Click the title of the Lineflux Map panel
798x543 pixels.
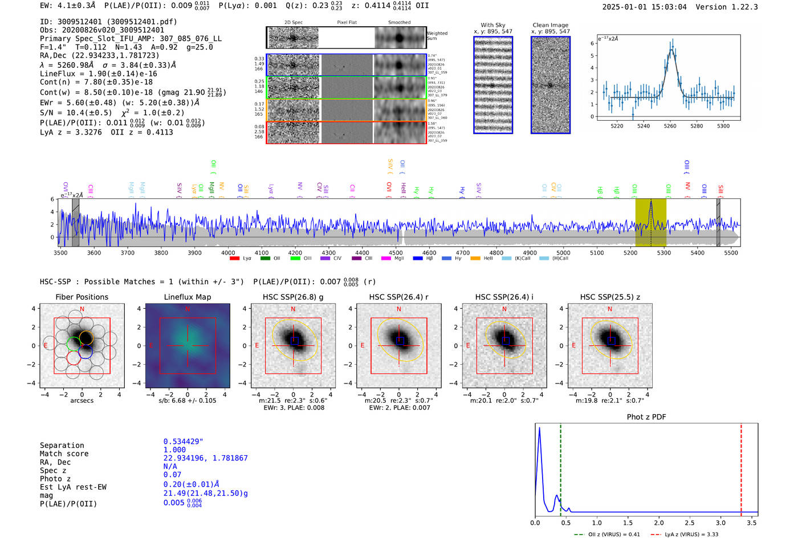[187, 297]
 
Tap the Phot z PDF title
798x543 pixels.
[646, 417]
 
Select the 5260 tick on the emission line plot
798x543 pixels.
[670, 126]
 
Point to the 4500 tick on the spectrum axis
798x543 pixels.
[396, 252]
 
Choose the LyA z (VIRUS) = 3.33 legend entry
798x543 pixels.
[691, 534]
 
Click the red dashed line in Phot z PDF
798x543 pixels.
[741, 467]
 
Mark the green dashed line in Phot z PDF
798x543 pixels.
[560, 467]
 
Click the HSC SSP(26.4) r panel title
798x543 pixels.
[398, 297]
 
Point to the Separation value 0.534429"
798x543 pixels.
[183, 442]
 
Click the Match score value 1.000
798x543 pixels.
[174, 450]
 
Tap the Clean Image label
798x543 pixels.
[550, 25]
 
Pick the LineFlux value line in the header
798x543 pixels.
[99, 74]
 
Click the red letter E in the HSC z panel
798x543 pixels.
[573, 345]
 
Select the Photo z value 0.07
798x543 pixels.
[172, 475]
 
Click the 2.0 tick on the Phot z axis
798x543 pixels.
[658, 522]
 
